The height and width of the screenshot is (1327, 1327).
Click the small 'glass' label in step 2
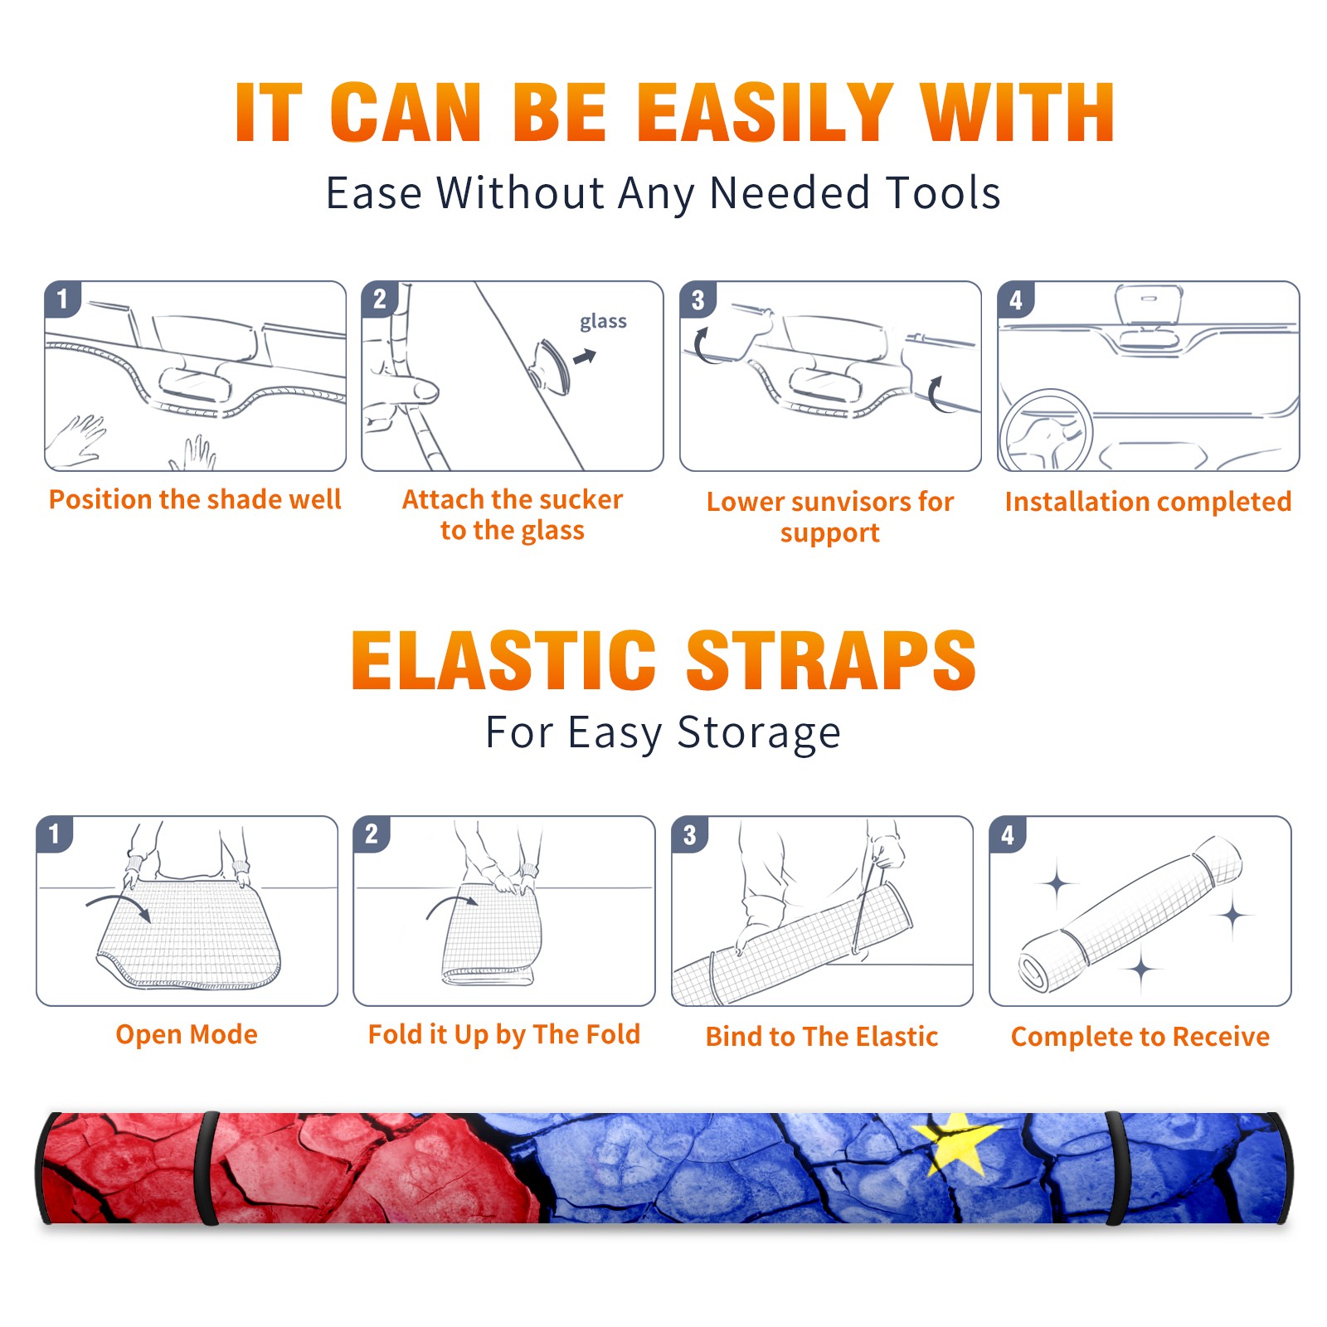coord(603,322)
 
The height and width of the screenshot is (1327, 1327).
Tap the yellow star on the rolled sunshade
coord(960,1143)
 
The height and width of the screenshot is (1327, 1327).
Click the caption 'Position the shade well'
coord(195,499)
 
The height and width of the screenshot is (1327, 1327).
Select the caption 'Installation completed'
coord(1148,501)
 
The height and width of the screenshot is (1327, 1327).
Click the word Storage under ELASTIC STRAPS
coord(759,733)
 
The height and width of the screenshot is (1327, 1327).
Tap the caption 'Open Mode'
coord(187,1034)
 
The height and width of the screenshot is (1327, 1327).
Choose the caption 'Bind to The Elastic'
coord(822,1036)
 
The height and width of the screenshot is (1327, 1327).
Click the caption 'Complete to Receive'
coord(1140,1036)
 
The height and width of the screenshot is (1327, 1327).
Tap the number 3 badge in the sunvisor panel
coord(698,299)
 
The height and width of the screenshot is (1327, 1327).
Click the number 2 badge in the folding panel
coord(371,834)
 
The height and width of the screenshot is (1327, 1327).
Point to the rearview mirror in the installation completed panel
coord(1149,304)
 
